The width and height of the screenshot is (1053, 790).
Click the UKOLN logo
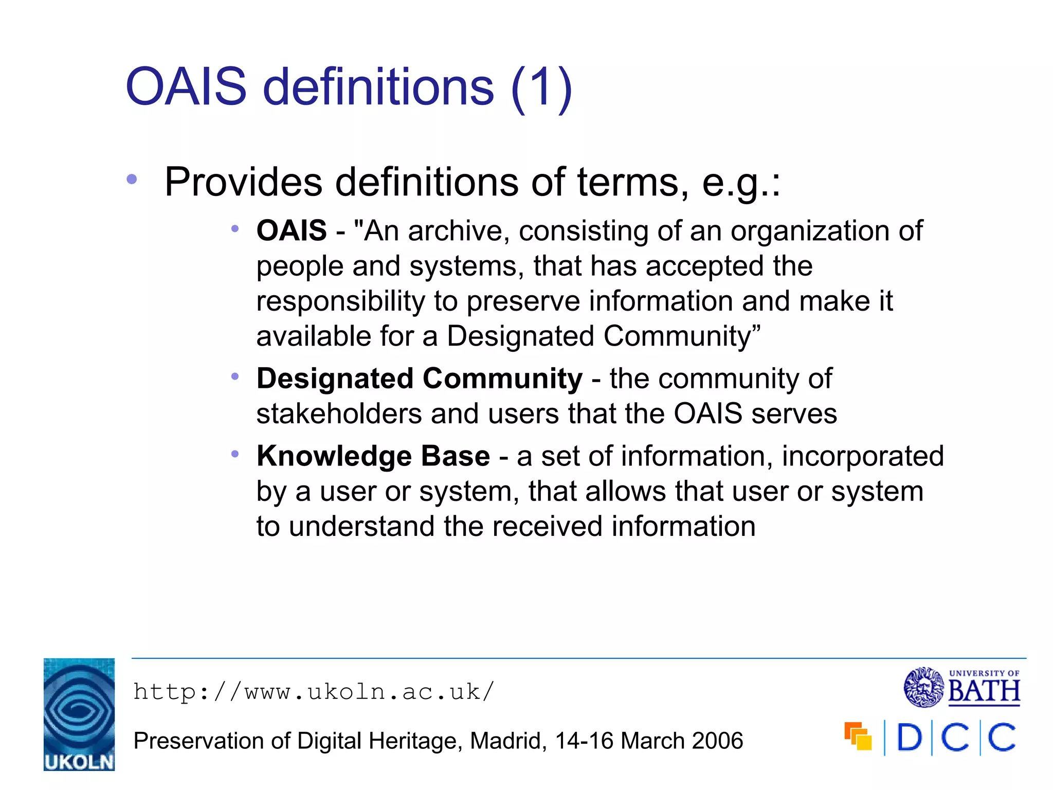click(x=79, y=714)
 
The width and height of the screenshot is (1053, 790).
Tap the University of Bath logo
click(x=962, y=688)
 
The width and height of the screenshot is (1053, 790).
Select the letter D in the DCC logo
click(x=909, y=738)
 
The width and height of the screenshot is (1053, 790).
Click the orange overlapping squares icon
click(x=858, y=737)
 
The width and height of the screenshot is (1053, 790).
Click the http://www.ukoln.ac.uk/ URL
click(x=314, y=692)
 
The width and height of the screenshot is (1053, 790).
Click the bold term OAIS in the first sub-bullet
click(x=292, y=230)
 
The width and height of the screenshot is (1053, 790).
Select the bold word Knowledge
click(x=334, y=457)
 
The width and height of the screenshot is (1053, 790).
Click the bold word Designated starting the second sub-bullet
click(x=335, y=379)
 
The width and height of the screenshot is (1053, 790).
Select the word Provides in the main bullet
click(x=243, y=182)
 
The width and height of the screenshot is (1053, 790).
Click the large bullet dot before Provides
click(x=132, y=179)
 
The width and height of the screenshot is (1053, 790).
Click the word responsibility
click(x=340, y=301)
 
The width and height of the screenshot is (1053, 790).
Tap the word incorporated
click(x=862, y=456)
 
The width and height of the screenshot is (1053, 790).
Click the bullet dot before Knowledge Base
click(x=235, y=454)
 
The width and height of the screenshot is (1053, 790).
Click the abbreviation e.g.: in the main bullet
click(x=741, y=182)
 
